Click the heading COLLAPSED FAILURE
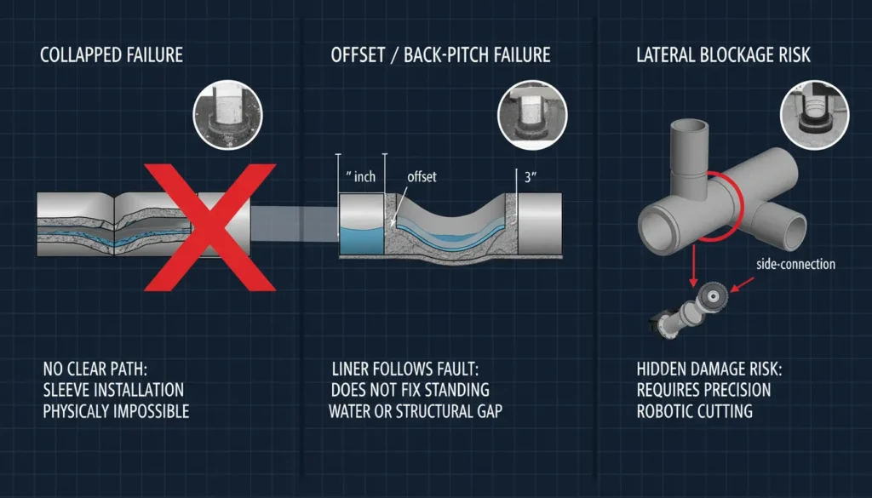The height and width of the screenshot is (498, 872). pos(112,56)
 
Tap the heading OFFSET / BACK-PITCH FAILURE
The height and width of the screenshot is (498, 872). pos(440,56)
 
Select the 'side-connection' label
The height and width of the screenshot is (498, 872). pos(795,264)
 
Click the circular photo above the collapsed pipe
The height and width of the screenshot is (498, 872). pos(227,115)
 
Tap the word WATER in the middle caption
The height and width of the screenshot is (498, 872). pos(354,412)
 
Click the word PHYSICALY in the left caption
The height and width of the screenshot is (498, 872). pos(79,412)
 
